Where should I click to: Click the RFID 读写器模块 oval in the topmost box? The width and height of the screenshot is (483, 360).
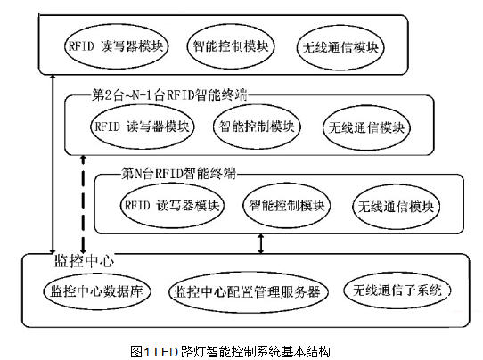point(116,46)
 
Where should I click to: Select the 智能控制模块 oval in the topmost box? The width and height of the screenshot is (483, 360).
point(231,46)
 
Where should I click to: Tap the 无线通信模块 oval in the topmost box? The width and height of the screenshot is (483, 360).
point(340,47)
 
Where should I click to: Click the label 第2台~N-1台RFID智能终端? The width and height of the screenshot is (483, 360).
point(169,94)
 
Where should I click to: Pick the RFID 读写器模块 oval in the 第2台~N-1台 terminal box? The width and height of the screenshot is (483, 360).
point(143,127)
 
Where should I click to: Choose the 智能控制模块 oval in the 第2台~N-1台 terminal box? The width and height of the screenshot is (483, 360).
point(257,127)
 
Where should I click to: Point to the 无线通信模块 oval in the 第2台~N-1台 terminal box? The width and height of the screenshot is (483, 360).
point(366,127)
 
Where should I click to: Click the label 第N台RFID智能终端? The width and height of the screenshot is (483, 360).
point(178,174)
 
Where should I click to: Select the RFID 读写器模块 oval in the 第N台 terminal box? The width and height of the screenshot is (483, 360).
point(172,206)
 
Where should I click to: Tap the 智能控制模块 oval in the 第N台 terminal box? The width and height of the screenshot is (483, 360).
point(286,206)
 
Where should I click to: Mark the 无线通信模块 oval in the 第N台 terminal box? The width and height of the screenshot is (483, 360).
point(397,207)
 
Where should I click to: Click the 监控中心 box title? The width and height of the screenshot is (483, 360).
point(84,261)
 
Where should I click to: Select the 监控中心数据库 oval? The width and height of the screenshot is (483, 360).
point(97,291)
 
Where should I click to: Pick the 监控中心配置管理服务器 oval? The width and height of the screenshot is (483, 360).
point(249,292)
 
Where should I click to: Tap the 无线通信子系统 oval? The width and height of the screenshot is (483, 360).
point(397,290)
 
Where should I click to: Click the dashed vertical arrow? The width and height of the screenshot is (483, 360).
point(83,204)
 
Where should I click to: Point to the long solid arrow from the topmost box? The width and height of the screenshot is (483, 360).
point(53,164)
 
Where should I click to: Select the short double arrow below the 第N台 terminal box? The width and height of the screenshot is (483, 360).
point(260,244)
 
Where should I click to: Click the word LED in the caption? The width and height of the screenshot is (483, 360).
point(166,352)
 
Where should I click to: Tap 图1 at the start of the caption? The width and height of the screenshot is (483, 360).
point(140,352)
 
